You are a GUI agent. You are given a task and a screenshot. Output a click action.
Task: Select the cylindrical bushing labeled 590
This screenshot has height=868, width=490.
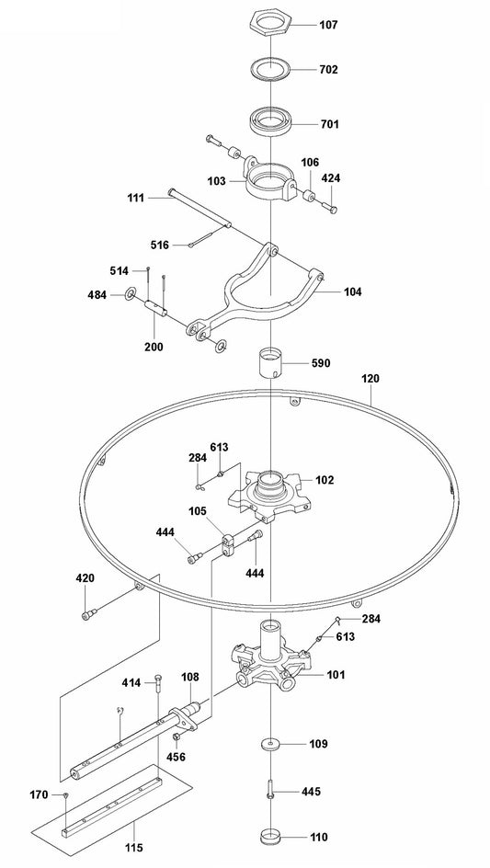click(x=272, y=364)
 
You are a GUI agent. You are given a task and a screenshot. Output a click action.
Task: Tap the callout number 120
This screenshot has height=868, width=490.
click(x=370, y=379)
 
